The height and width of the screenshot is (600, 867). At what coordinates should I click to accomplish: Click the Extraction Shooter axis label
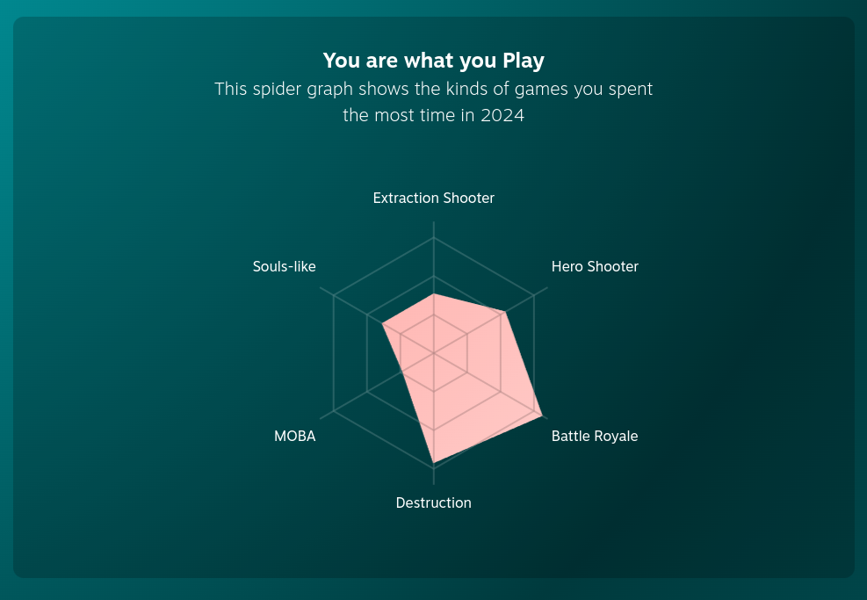coord(434,198)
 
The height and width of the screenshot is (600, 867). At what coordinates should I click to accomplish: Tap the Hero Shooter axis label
coord(595,266)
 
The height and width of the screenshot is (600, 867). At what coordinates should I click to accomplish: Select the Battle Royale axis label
coord(595,436)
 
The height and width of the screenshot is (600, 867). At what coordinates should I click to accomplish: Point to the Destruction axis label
coord(434,502)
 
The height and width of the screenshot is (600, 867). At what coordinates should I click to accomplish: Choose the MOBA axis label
coord(295,436)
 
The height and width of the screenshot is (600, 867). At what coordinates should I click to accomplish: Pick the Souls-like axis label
coord(285,266)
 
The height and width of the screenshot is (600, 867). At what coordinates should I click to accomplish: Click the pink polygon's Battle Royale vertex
coord(542,416)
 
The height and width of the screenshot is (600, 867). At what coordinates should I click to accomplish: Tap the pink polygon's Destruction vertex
coord(434,462)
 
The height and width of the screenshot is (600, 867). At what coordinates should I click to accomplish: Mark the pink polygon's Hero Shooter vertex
coord(505,313)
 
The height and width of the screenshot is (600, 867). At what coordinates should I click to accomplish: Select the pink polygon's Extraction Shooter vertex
coord(434,293)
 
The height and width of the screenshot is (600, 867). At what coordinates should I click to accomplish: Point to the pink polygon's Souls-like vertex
coord(383,324)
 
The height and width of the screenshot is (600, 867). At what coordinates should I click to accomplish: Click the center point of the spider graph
coord(434,353)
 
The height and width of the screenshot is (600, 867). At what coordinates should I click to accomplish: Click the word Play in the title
coord(523,61)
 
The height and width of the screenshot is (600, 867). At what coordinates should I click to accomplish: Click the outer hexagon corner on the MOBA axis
coord(334,411)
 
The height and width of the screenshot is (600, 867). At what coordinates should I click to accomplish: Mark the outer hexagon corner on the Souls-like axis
coord(334,295)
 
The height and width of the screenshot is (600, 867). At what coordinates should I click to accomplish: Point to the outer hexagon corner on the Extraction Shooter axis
coord(434,237)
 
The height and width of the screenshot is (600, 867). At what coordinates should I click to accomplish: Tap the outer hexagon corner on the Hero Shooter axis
coord(533,295)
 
